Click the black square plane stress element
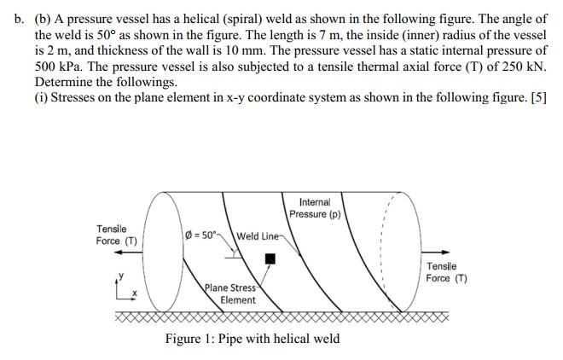(270, 258)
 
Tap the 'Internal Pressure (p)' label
(315, 207)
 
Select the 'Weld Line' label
(257, 236)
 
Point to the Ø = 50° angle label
(201, 235)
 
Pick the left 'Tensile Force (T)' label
(117, 235)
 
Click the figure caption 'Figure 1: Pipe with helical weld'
(252, 339)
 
